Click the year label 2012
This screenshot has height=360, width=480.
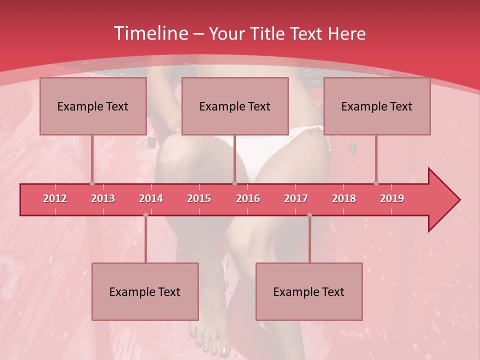[x=55, y=198]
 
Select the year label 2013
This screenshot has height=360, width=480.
[x=103, y=198]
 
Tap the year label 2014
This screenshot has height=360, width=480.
[x=151, y=198]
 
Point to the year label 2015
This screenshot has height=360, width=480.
[x=199, y=198]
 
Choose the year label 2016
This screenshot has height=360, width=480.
[x=248, y=198]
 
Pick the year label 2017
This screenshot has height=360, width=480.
[x=296, y=198]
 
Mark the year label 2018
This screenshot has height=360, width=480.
[x=344, y=198]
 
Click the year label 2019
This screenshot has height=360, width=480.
[x=392, y=198]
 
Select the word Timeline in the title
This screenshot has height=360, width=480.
[x=150, y=33]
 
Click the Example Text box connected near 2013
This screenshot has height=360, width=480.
[x=93, y=106]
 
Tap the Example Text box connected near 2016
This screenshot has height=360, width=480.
[x=235, y=106]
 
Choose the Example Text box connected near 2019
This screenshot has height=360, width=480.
[x=377, y=106]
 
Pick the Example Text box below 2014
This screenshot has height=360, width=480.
[x=145, y=291]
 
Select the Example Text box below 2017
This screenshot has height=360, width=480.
[x=309, y=291]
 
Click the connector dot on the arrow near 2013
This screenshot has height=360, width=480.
[x=92, y=183]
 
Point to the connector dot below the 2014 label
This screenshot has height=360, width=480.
[x=145, y=215]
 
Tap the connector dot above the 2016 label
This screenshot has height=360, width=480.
[x=234, y=183]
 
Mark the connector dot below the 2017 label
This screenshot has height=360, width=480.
[x=309, y=215]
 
